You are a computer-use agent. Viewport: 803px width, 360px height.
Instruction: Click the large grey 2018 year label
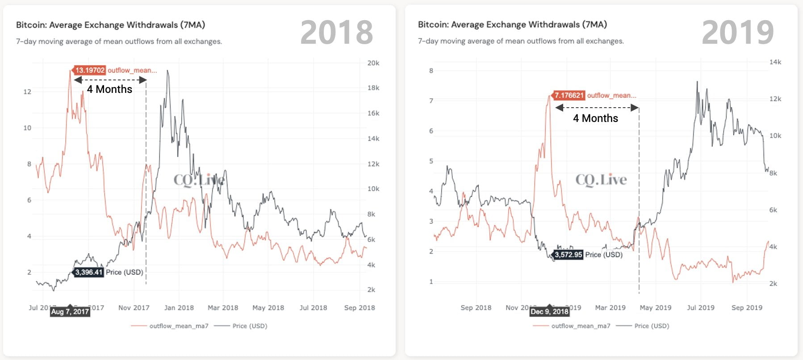point(336,33)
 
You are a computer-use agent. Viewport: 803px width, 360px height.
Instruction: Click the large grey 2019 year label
point(738,33)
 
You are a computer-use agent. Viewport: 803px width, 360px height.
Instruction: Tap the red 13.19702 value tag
point(90,70)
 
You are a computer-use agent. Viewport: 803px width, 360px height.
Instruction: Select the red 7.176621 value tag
point(569,95)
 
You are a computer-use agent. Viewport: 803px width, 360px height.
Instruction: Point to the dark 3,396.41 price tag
point(88,272)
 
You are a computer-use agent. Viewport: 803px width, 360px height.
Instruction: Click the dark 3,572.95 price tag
point(568,255)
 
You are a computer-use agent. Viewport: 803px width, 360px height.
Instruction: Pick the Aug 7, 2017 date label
point(70,311)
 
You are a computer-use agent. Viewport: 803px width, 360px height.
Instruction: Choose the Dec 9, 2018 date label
point(549,311)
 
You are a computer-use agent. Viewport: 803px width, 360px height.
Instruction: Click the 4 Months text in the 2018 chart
point(109,89)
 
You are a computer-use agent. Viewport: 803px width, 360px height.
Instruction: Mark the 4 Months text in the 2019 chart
point(595,118)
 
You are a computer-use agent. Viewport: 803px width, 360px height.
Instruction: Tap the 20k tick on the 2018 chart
point(373,63)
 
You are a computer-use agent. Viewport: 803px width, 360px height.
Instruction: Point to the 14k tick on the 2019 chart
point(775,62)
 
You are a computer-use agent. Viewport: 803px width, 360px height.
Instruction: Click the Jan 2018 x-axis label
point(179,308)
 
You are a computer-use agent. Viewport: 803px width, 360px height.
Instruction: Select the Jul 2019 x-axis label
point(700,308)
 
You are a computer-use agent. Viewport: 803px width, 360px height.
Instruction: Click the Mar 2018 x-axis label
point(223,308)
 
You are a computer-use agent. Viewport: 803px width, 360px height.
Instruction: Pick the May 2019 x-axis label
point(655,308)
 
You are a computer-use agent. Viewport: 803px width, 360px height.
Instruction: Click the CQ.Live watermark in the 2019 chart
point(601,180)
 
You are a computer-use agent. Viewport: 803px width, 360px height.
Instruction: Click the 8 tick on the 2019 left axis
point(431,71)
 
